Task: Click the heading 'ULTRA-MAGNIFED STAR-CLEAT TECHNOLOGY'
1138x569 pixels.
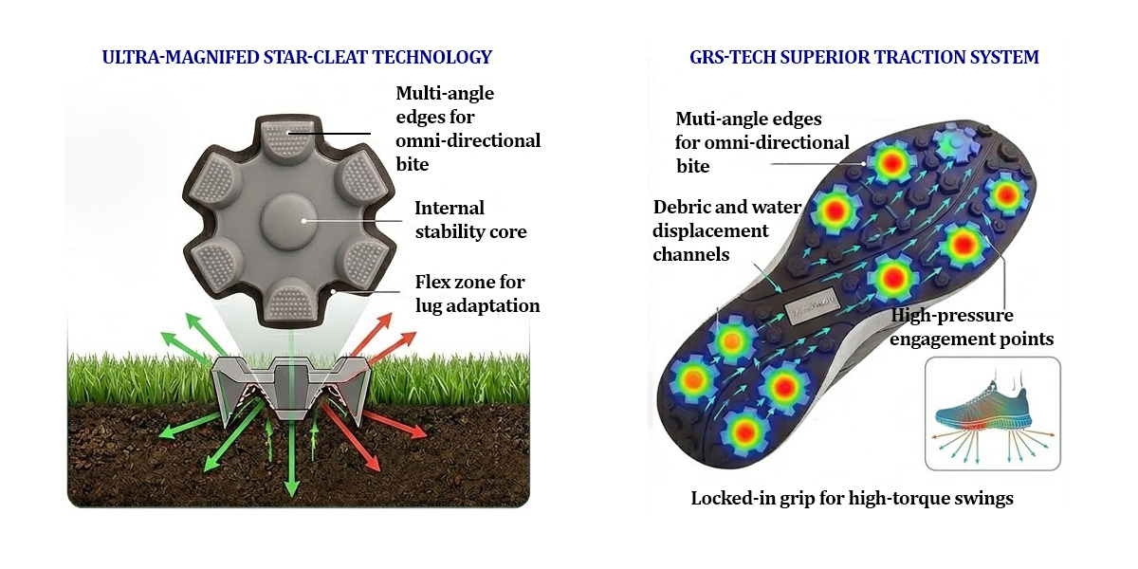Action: pyautogui.click(x=297, y=57)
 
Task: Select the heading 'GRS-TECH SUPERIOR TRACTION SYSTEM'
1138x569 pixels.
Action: pyautogui.click(x=864, y=57)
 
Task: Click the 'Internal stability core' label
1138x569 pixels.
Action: pyautogui.click(x=470, y=219)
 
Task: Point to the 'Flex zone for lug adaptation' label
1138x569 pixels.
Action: pyautogui.click(x=478, y=294)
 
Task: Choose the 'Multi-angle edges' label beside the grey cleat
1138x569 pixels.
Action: pyautogui.click(x=468, y=129)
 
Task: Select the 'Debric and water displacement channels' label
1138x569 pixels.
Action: pyautogui.click(x=726, y=230)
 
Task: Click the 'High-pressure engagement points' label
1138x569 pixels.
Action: pyautogui.click(x=971, y=326)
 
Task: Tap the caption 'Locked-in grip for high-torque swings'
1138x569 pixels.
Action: pyautogui.click(x=852, y=498)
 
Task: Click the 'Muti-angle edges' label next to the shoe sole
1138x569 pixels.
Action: pyautogui.click(x=762, y=142)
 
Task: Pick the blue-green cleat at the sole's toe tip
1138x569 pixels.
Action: pyautogui.click(x=956, y=143)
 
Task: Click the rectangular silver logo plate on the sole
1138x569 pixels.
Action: pyautogui.click(x=811, y=311)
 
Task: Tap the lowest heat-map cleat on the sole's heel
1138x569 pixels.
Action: pyautogui.click(x=744, y=432)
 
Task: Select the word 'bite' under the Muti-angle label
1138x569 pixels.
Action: pyautogui.click(x=692, y=166)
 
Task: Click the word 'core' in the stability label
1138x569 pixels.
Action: pyautogui.click(x=507, y=232)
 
